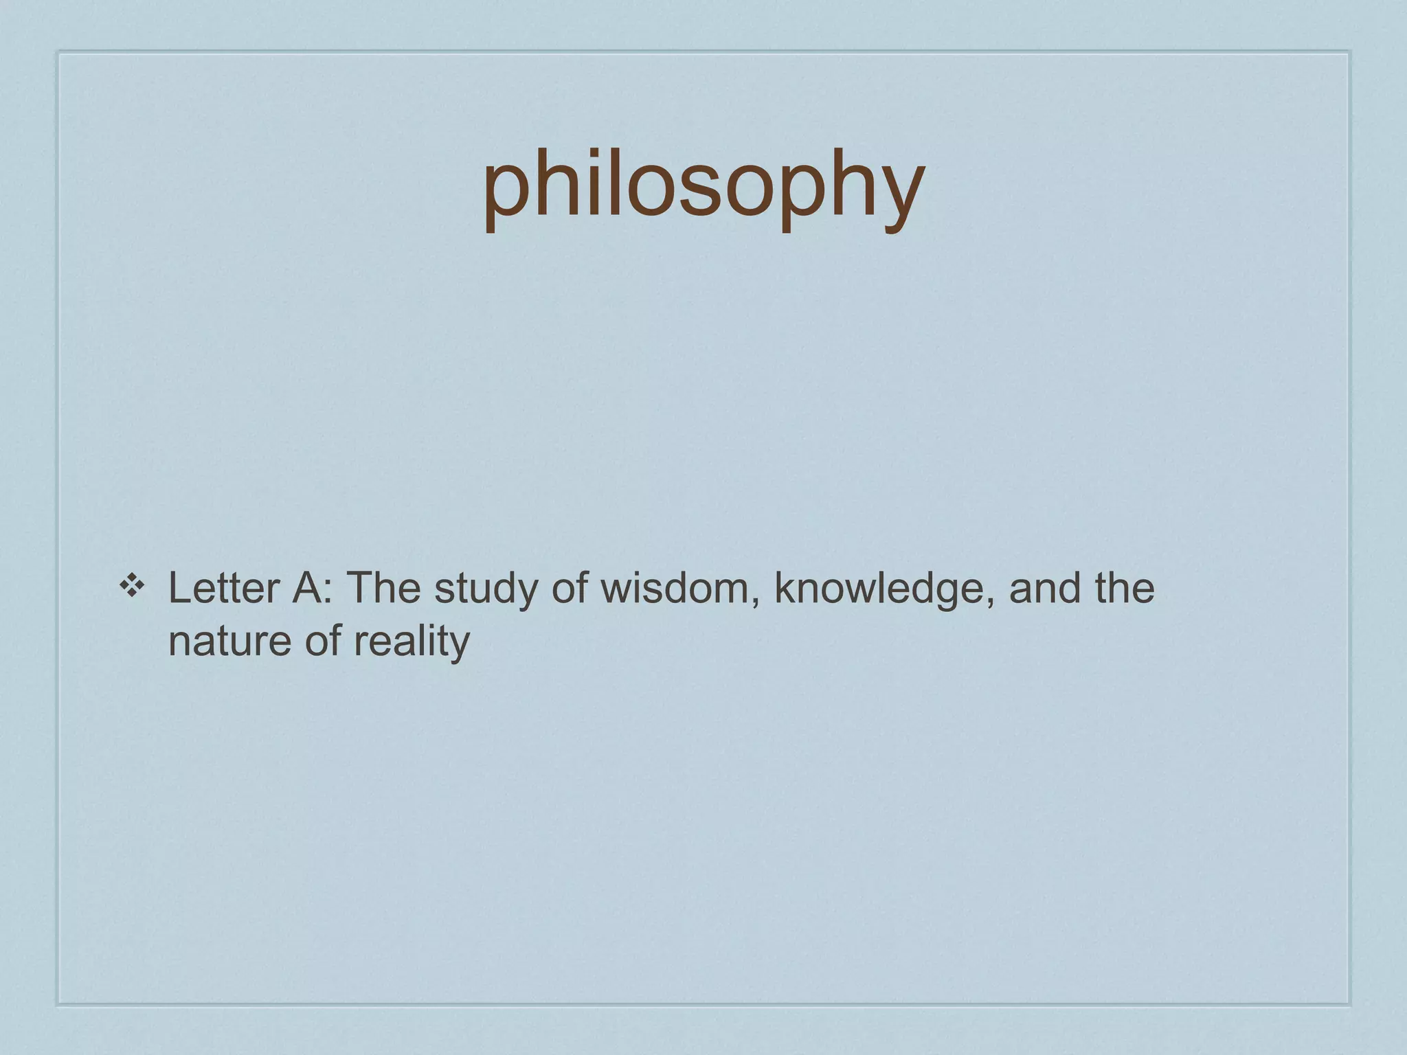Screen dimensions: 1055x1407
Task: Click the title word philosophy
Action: [703, 185]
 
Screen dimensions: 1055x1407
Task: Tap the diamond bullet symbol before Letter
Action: [131, 586]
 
